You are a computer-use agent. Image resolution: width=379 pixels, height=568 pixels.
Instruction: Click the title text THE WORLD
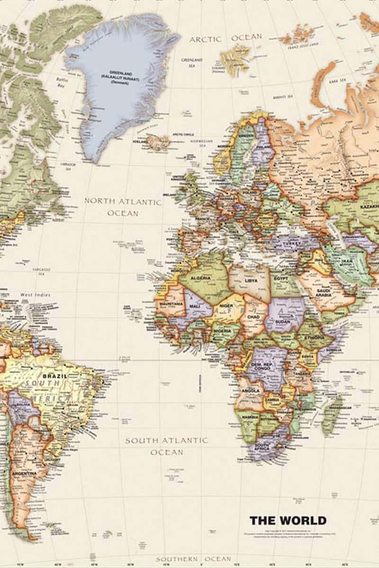coord(288,521)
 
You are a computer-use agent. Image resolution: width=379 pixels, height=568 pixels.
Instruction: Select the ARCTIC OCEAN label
coord(226,38)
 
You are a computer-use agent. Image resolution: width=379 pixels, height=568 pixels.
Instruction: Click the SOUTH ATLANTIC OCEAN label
coord(166,446)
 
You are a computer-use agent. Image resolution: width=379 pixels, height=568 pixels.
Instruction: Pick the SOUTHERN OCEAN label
coord(193,559)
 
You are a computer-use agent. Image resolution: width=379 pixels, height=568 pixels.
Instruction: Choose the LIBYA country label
coord(251,281)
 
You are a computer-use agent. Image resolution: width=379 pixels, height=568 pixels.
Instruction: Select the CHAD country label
coord(253,317)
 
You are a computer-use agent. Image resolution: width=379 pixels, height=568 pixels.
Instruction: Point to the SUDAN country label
coord(283,322)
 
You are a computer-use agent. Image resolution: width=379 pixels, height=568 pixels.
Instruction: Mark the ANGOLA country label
coord(251,390)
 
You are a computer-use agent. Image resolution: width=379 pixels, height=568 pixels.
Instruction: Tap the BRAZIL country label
coord(54,376)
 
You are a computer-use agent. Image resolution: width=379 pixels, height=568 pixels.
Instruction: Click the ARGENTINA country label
coord(25,473)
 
